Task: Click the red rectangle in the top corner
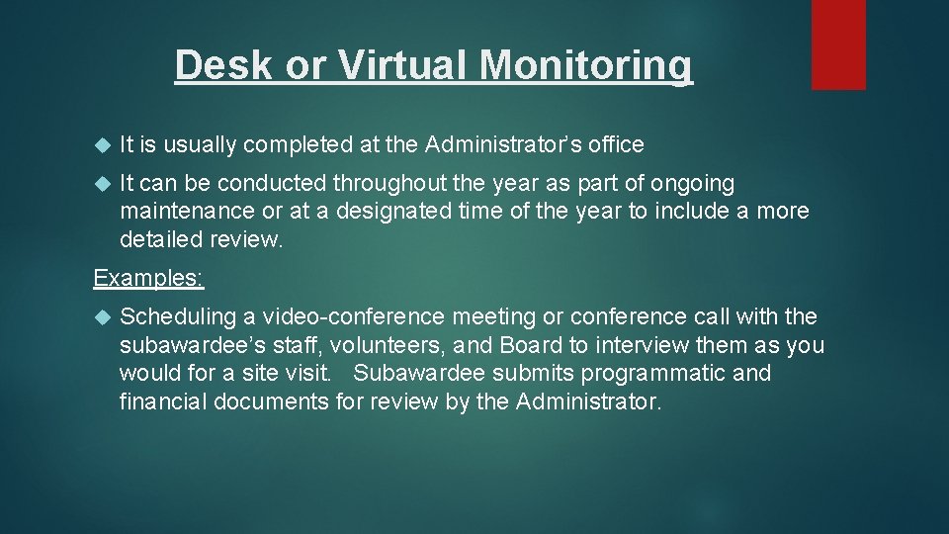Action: (838, 44)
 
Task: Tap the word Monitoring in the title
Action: (586, 65)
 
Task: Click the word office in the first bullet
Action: (616, 145)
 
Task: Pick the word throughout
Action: (412, 184)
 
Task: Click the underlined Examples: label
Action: (148, 278)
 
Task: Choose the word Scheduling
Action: (177, 317)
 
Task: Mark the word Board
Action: (530, 346)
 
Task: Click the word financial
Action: (159, 402)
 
